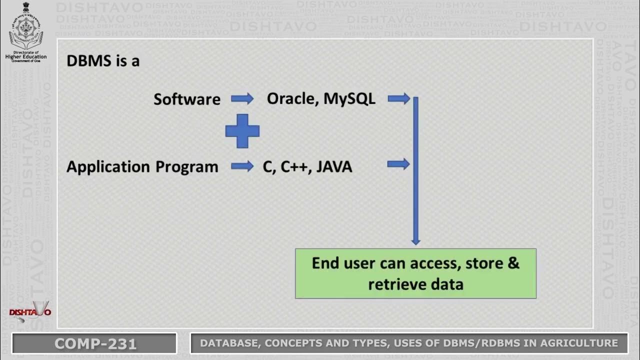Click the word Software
187,99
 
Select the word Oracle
292,98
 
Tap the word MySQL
349,98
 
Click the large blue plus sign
242,131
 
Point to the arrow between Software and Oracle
242,98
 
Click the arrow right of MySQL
398,98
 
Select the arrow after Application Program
242,166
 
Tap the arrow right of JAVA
398,164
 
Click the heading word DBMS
84,61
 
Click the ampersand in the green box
513,263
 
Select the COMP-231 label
95,343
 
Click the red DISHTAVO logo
30,312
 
